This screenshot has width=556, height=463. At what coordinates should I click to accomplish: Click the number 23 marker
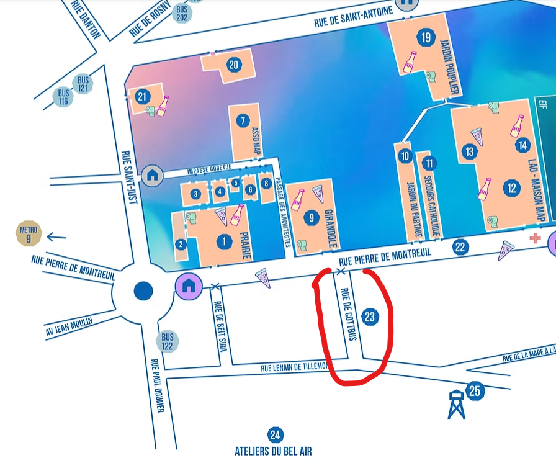pos(370,317)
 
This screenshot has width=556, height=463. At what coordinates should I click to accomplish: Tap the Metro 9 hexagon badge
pos(28,233)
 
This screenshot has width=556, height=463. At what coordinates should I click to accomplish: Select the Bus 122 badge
pos(168,341)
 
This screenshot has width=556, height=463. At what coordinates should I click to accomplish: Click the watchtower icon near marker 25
pos(456,404)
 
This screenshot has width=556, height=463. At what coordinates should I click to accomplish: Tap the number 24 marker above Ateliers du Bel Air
pos(274,435)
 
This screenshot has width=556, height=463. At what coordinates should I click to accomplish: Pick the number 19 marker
pos(425,38)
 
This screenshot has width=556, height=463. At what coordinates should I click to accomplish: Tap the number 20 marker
pos(233,65)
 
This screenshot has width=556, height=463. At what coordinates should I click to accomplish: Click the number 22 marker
pos(460,247)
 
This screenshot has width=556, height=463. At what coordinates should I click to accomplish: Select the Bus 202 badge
pos(181,13)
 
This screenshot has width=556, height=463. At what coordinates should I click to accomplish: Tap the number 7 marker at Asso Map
pos(243,121)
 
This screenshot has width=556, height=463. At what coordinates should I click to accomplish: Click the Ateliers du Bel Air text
pos(273,451)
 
